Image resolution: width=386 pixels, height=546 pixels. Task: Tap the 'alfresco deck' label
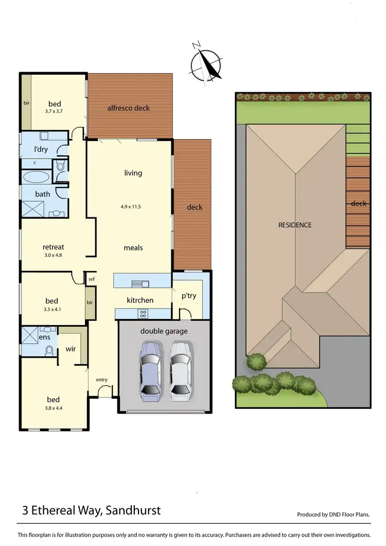point(128,108)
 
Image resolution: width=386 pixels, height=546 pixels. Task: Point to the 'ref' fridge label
point(92,279)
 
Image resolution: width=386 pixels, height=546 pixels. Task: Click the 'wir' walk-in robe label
point(71,349)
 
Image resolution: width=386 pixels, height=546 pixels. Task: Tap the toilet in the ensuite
point(49,351)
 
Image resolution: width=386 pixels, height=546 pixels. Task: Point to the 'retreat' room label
point(53,247)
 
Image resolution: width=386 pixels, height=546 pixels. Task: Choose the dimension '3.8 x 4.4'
point(53,408)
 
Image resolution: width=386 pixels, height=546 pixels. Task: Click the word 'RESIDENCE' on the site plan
point(295,225)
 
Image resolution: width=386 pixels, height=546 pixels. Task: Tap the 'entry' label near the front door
point(101,380)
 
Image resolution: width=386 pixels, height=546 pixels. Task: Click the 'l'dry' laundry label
point(41,149)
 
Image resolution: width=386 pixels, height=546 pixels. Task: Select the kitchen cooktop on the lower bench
point(143,313)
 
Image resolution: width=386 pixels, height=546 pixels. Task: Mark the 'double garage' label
point(164,331)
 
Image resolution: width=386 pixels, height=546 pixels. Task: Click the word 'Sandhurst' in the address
point(134,510)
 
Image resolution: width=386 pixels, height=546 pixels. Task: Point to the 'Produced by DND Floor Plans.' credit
point(334,514)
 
